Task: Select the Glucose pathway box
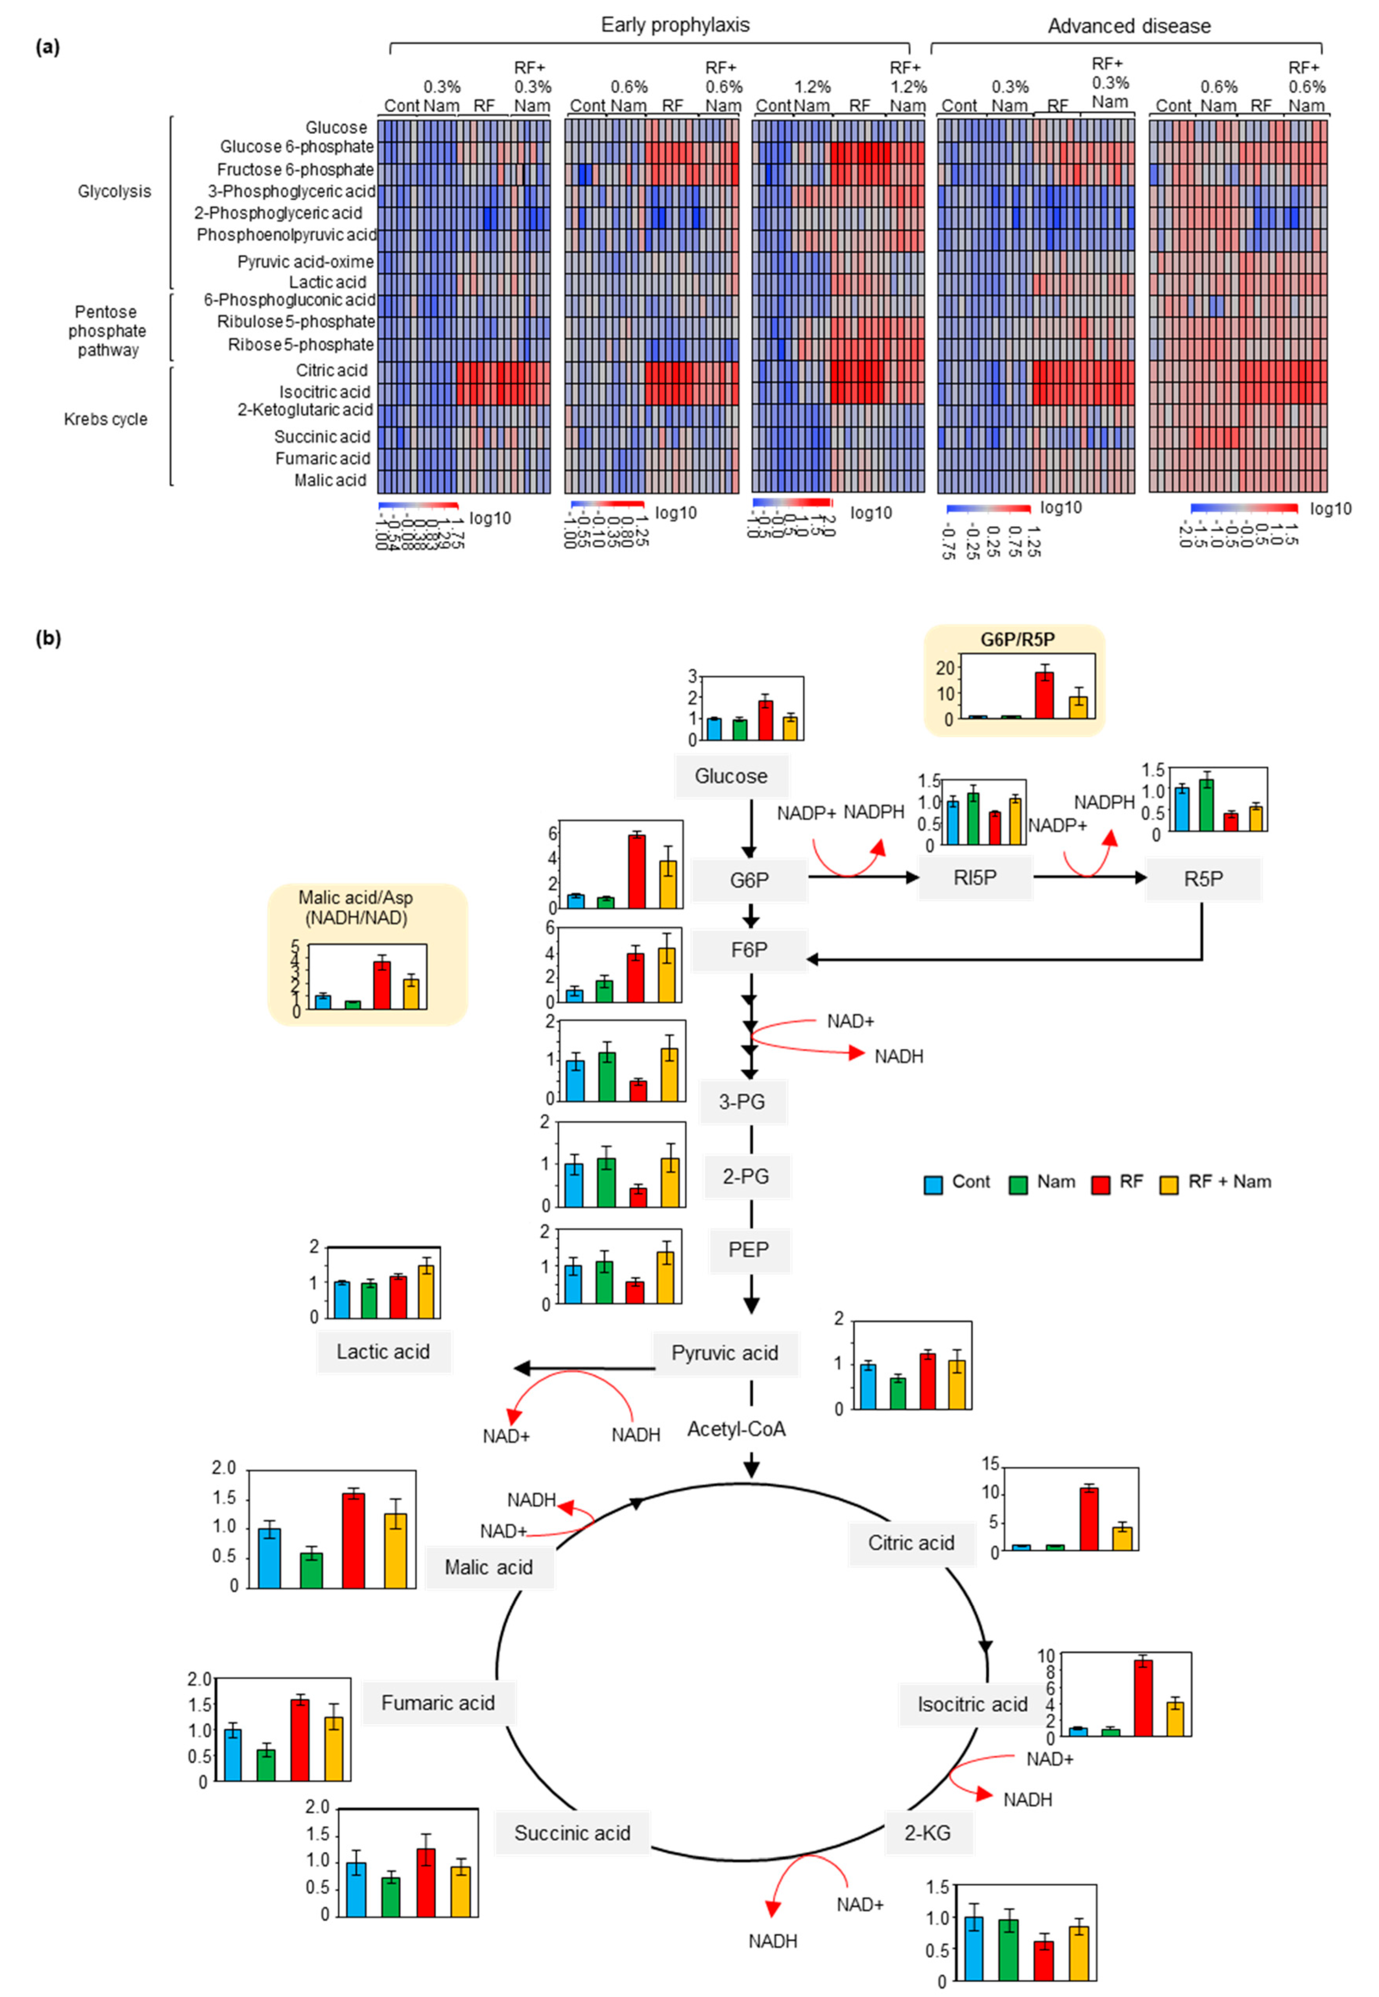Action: point(731,776)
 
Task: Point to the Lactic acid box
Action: point(383,1351)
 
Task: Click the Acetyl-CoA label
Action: point(736,1429)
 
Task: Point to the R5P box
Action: point(1203,879)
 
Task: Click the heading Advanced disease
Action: point(1129,26)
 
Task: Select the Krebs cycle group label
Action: point(105,419)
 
